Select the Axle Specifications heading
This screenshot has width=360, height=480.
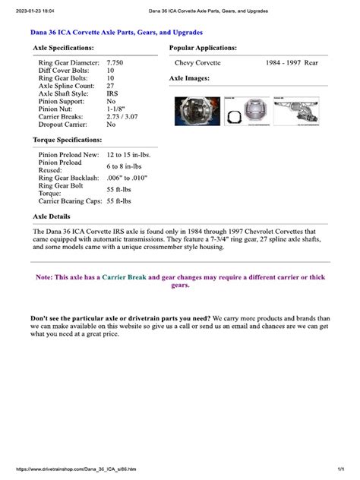[63, 47]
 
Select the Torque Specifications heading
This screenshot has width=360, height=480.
[67, 141]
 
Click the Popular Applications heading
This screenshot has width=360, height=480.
[203, 47]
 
